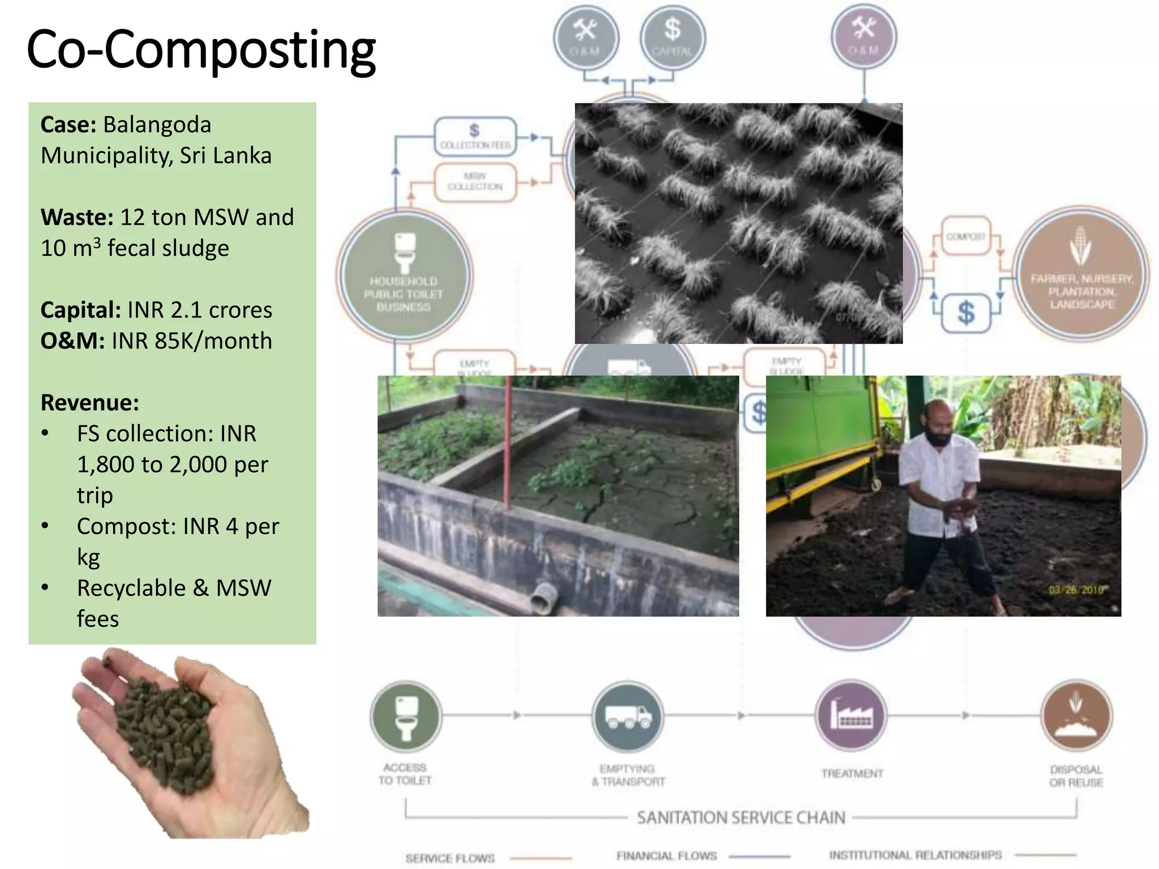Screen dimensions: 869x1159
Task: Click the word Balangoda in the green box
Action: point(157,124)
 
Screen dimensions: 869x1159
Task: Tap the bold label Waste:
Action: point(77,217)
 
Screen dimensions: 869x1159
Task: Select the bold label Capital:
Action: point(80,310)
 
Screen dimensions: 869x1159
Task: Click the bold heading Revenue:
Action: point(89,403)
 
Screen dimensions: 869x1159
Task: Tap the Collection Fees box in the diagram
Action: point(475,136)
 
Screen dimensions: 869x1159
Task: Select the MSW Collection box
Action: point(475,182)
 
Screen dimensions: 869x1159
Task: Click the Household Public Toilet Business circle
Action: point(404,277)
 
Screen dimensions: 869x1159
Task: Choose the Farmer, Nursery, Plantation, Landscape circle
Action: point(1081,275)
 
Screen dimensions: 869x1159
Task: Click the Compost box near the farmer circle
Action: point(966,236)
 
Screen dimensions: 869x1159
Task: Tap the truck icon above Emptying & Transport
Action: point(628,716)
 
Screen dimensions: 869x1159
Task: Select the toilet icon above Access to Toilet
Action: point(405,716)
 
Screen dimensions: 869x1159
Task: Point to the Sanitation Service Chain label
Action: point(741,818)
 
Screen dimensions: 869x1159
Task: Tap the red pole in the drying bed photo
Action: point(508,441)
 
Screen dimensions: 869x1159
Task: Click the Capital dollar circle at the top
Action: point(672,37)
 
